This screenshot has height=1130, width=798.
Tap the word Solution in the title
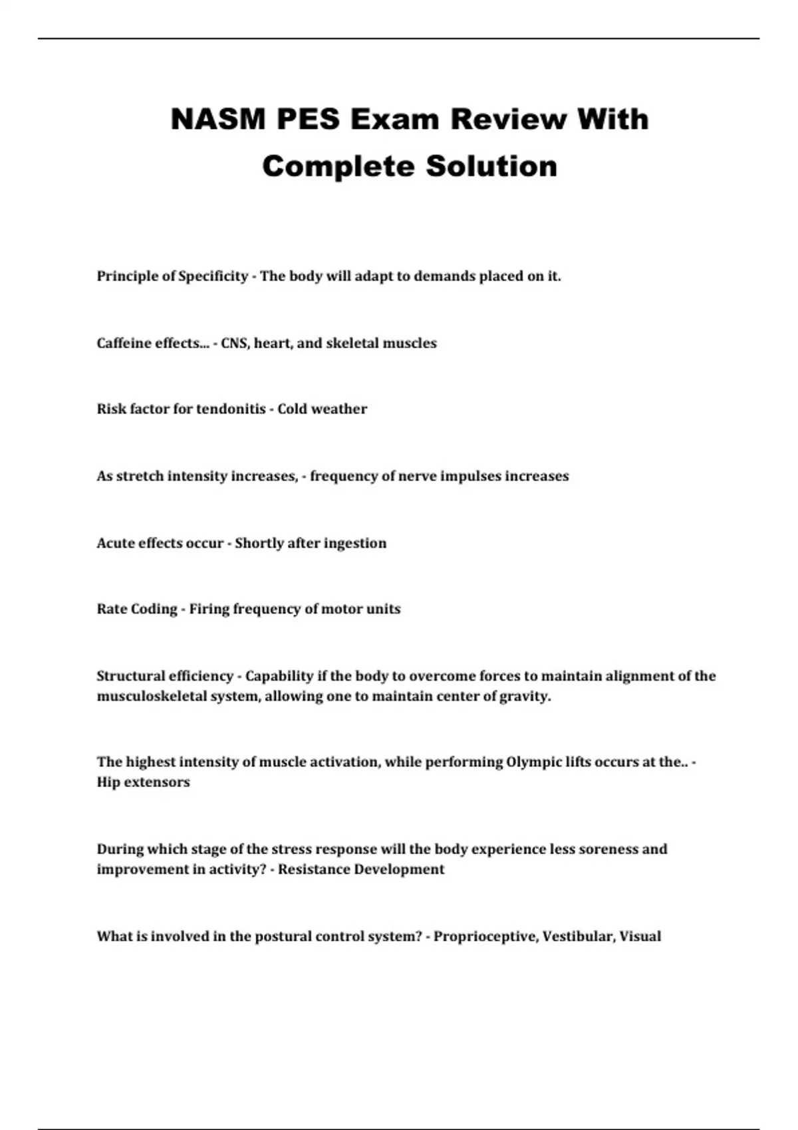(x=491, y=166)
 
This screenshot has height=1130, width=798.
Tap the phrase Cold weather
(x=322, y=409)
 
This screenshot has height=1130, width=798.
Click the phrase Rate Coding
(x=137, y=610)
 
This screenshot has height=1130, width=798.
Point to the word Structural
(x=131, y=677)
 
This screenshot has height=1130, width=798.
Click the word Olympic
(x=537, y=762)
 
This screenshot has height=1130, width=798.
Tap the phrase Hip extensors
(x=143, y=782)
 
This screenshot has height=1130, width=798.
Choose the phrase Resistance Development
(x=361, y=869)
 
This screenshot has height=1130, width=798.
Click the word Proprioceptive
(x=485, y=937)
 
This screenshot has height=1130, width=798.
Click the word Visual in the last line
(x=640, y=937)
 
